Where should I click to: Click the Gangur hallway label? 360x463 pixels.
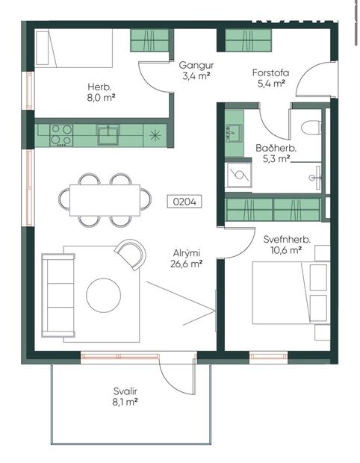tap(193, 65)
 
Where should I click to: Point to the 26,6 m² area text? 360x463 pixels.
tap(187, 263)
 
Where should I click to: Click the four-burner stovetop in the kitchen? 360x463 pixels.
tap(60, 134)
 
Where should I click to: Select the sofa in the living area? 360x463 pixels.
tap(57, 294)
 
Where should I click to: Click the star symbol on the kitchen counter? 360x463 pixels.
tap(155, 134)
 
